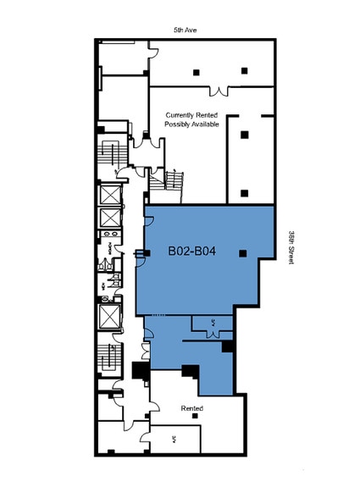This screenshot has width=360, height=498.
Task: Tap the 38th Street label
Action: click(291, 247)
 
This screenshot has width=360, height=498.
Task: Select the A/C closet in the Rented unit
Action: click(174, 438)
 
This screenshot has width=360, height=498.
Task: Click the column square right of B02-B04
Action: click(243, 252)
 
